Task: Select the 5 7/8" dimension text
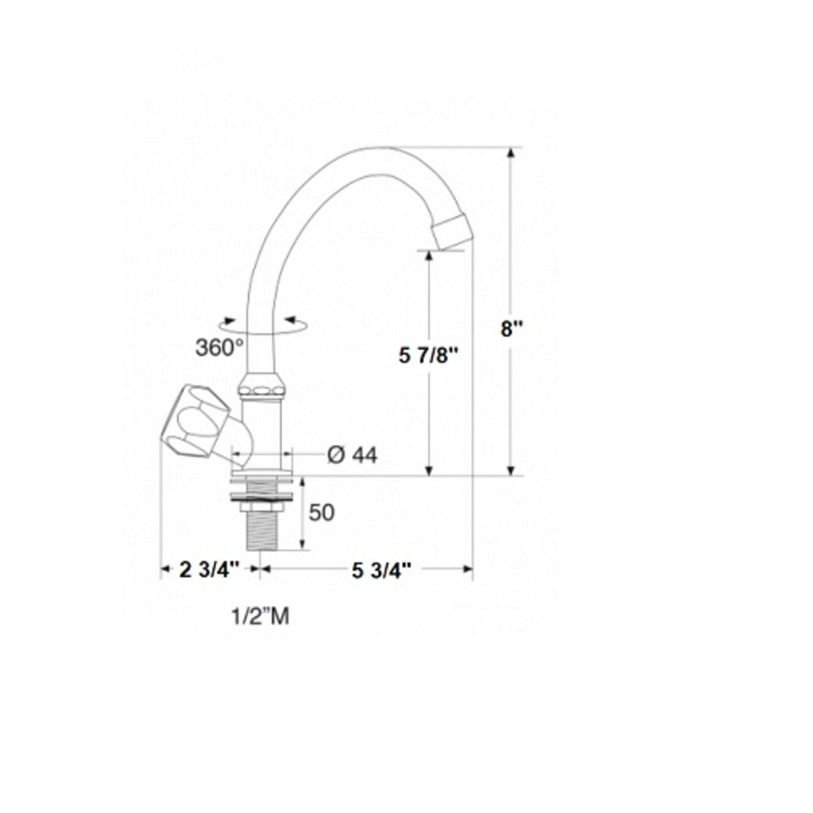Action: [429, 354]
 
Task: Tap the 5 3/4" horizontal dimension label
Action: [378, 569]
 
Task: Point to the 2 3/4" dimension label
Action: [209, 569]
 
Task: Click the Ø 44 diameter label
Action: [352, 455]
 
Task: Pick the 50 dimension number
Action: [322, 512]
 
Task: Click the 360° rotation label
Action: [220, 347]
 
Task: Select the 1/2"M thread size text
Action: [259, 617]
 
